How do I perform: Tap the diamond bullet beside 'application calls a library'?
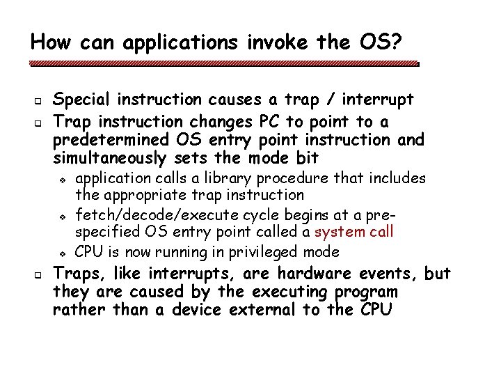(x=63, y=180)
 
